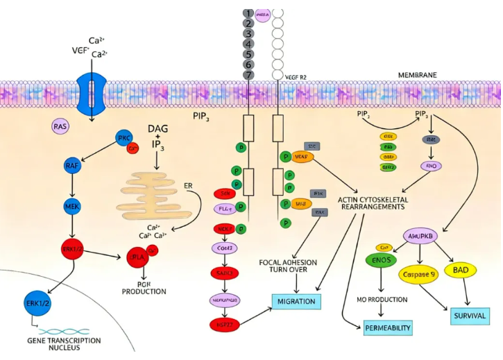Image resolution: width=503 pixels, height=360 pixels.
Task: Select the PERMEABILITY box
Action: pyautogui.click(x=389, y=327)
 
